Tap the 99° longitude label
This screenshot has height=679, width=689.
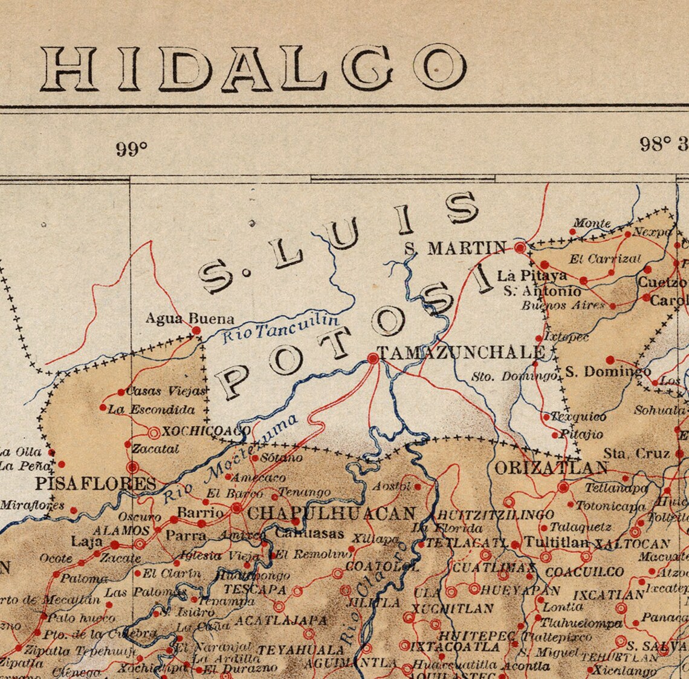click(x=132, y=148)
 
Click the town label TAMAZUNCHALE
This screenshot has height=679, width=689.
click(x=460, y=352)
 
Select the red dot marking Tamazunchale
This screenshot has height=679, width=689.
click(x=373, y=359)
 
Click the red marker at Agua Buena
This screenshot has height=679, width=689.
click(x=196, y=330)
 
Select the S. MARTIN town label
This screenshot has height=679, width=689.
click(x=455, y=247)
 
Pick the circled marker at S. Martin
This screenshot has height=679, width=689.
click(x=520, y=247)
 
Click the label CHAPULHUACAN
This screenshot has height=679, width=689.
click(x=332, y=514)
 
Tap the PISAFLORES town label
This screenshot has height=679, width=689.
click(x=95, y=483)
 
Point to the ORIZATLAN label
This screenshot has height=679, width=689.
click(x=551, y=468)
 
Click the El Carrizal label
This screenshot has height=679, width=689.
click(x=604, y=260)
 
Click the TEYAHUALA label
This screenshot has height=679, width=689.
click(x=300, y=650)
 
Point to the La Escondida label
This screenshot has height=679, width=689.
click(x=151, y=410)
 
